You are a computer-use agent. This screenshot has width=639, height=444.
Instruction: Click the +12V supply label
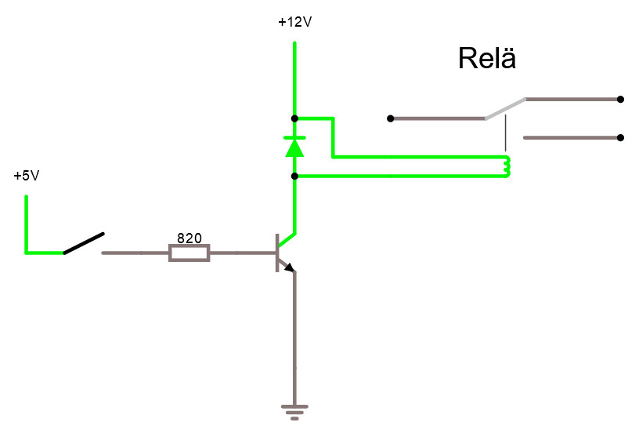(x=295, y=22)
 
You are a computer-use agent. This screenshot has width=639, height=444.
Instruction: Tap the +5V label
(x=27, y=176)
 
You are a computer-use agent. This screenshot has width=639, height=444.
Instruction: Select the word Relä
(x=487, y=58)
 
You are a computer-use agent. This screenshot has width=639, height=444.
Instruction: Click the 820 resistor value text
(x=190, y=238)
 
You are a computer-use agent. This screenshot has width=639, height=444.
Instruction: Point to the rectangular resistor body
(x=190, y=253)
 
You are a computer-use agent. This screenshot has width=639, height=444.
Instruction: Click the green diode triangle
(x=294, y=147)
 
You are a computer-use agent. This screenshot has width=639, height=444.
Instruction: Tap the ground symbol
(x=294, y=412)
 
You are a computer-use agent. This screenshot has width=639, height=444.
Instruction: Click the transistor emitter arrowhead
(x=290, y=267)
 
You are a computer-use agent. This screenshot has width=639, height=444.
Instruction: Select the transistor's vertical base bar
(x=277, y=253)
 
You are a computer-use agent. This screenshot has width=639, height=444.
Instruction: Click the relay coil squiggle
(x=507, y=166)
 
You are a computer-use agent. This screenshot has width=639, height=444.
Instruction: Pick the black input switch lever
(x=84, y=243)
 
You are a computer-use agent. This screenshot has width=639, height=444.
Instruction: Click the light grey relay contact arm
(x=505, y=109)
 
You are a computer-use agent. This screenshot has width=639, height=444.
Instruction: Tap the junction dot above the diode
(x=294, y=118)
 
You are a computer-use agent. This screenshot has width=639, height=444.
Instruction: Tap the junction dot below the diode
(x=294, y=177)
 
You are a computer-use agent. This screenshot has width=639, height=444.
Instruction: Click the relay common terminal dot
(x=391, y=118)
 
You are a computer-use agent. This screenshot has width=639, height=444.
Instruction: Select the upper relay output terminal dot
(x=620, y=99)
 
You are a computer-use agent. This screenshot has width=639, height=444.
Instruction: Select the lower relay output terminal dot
(x=620, y=138)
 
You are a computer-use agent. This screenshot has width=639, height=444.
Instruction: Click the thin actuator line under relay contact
(x=506, y=133)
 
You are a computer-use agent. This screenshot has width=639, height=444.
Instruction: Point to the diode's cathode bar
(x=294, y=138)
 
